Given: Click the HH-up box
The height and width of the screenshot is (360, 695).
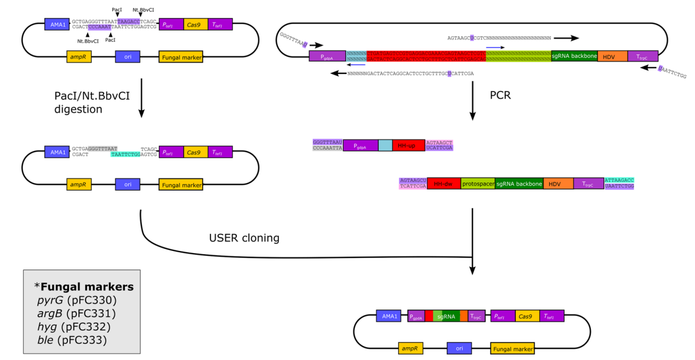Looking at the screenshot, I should [408, 145].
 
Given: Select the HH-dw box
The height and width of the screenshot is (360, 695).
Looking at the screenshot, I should [443, 184].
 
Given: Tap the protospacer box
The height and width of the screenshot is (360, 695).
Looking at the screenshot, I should [477, 184].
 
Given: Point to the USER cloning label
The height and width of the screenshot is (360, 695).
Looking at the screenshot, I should [244, 238].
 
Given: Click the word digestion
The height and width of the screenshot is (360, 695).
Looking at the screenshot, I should [78, 109].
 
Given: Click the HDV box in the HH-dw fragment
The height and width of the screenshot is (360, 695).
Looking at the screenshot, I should [558, 184].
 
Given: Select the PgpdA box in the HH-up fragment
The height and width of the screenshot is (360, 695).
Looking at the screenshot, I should [360, 145].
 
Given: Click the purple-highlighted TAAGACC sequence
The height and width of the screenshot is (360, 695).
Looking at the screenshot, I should [129, 21].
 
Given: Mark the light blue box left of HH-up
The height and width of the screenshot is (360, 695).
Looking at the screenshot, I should [385, 145].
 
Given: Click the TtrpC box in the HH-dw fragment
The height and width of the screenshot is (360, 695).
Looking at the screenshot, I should [589, 184].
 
